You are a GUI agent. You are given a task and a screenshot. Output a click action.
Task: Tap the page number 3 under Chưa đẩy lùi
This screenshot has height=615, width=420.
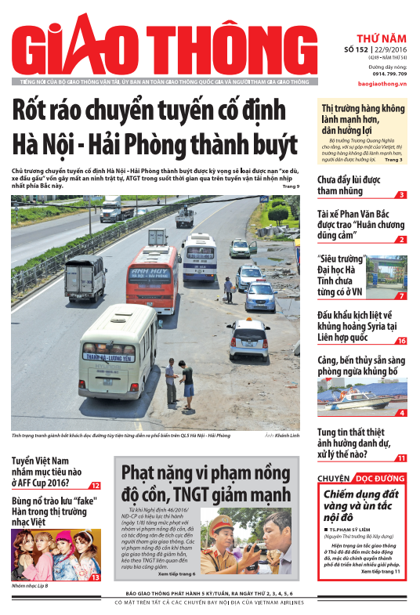[401, 195]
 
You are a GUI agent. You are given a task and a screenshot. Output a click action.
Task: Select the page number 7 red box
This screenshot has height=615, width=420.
[401, 296]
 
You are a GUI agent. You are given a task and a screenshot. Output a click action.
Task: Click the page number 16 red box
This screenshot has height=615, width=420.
[400, 341]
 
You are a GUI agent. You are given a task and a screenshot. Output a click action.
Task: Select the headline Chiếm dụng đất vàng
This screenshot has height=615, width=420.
[364, 505]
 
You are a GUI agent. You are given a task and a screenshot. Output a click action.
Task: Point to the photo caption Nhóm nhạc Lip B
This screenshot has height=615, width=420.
[30, 585]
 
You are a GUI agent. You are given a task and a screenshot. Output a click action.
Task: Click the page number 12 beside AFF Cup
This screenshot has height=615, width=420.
[95, 486]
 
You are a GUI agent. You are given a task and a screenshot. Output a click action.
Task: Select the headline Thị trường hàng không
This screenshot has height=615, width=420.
[363, 117]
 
